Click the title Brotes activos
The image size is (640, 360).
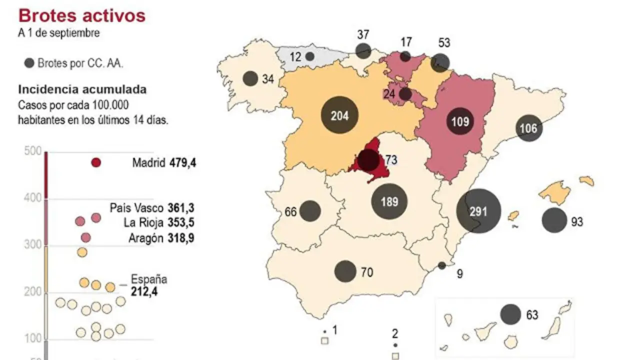81,15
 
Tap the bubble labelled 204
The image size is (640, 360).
339,115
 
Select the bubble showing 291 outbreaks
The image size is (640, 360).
478,211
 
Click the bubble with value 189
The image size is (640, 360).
389,201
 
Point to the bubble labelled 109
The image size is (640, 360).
459,121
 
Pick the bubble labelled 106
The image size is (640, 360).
528,128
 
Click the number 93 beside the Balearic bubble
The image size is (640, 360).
577,221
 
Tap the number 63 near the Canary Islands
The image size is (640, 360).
532,315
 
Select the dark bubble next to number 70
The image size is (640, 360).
345,271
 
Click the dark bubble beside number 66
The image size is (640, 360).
310,211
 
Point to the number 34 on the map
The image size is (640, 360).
268,79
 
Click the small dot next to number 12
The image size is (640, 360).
310,56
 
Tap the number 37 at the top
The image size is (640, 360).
363,35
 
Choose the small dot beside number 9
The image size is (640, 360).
442,265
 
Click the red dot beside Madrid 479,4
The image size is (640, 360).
96,162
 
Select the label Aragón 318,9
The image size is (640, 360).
161,238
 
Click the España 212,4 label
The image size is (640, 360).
148,285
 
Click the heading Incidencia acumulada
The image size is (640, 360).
82,89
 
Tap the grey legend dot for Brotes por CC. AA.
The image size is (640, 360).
29,63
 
